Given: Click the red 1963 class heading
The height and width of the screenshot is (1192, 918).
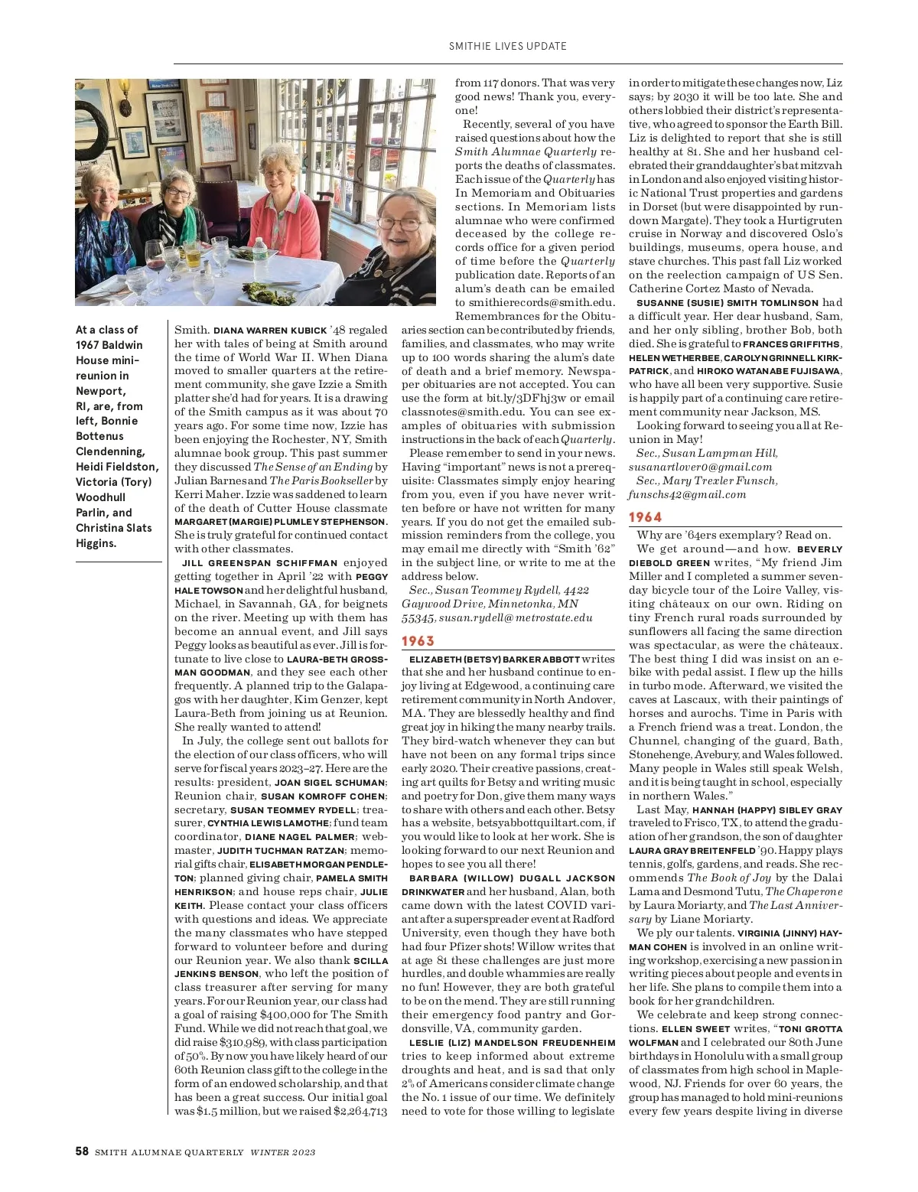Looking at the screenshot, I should click(x=418, y=641).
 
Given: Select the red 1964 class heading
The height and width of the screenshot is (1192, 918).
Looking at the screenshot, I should click(x=645, y=517).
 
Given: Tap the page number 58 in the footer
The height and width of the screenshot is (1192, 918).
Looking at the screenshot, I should click(x=82, y=1151).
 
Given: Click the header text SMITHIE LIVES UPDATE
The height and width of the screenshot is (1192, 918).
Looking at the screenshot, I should click(x=507, y=46).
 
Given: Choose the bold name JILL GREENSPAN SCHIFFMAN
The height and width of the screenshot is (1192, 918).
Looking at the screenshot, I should click(x=259, y=563).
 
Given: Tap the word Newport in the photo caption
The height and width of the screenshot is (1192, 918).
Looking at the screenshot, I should click(x=100, y=391).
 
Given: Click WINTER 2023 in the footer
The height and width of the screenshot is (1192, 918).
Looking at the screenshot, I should click(x=283, y=1152).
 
